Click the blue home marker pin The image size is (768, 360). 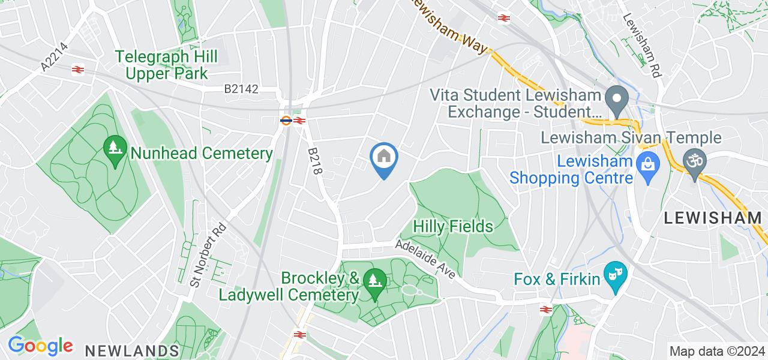[384, 159]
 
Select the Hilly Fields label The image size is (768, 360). [454, 226]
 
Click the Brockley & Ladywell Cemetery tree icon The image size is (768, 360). [376, 280]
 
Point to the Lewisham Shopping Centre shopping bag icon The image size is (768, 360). [648, 162]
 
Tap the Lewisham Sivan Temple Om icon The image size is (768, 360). [695, 161]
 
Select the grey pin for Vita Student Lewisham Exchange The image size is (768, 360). [616, 97]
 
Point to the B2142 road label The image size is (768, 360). [241, 89]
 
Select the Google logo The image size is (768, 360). [40, 346]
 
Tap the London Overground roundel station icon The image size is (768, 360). [286, 120]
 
